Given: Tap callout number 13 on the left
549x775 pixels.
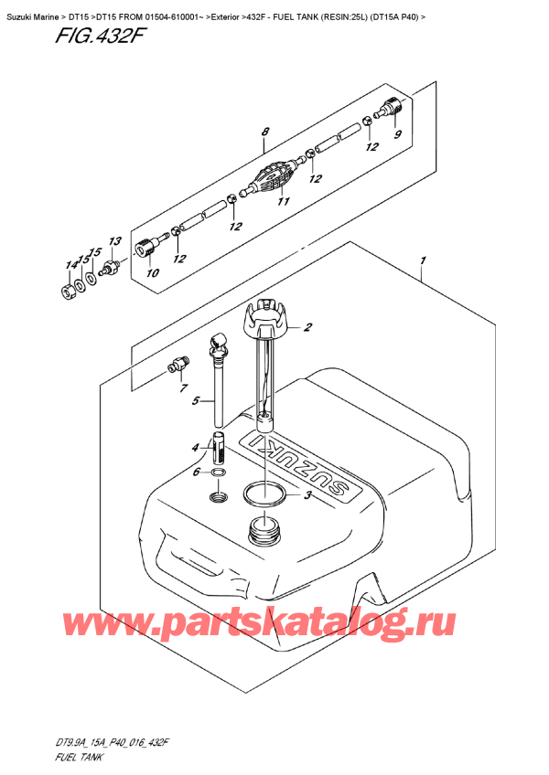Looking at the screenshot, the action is [114, 241].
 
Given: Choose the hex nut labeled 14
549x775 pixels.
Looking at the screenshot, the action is [68, 292].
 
